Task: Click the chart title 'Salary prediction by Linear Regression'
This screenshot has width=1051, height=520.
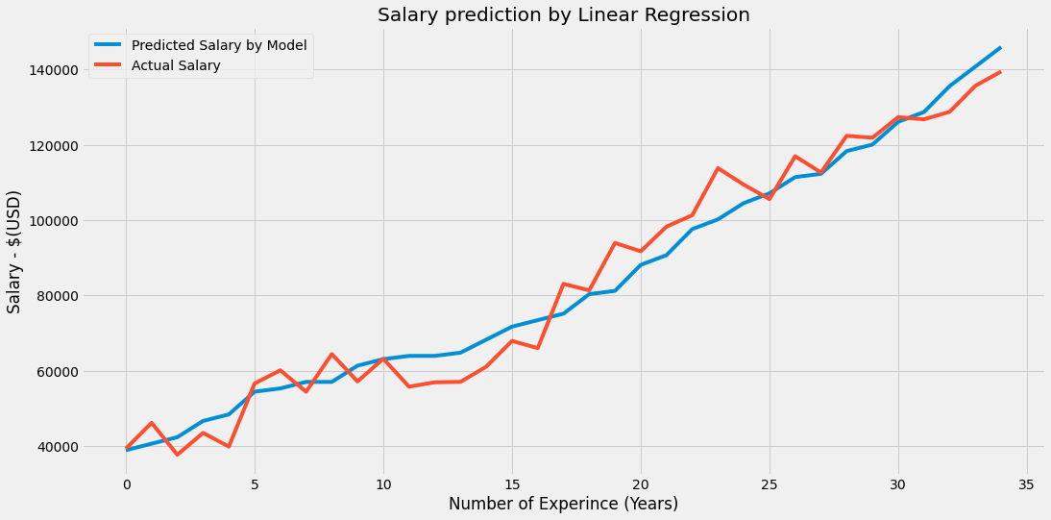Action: (563, 14)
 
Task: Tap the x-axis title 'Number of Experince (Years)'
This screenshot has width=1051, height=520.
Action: (563, 504)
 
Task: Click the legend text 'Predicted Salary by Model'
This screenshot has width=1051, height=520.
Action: (219, 45)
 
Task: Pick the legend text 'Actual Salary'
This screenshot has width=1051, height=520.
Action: (176, 65)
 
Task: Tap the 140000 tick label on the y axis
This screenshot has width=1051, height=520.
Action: (51, 70)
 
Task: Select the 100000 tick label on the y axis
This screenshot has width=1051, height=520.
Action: (51, 221)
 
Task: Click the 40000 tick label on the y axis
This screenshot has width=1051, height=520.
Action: (55, 447)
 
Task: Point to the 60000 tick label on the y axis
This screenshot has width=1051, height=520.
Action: (55, 372)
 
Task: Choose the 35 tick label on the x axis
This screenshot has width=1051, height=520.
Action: (1026, 483)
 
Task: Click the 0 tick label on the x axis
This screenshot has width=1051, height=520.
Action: (127, 483)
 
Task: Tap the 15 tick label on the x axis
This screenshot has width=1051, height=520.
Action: (512, 483)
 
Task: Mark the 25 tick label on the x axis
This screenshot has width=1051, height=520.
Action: (769, 483)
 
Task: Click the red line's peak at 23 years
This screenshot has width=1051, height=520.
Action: (718, 168)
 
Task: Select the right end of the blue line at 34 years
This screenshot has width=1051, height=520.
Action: (1000, 48)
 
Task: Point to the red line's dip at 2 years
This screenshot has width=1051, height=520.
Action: (178, 455)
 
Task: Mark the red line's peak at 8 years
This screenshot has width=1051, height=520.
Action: (331, 354)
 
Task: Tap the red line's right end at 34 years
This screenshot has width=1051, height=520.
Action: (1000, 72)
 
